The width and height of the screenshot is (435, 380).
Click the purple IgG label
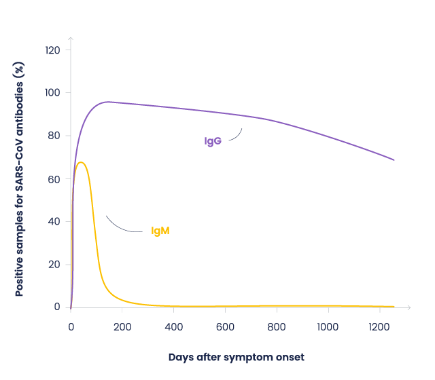[213, 141]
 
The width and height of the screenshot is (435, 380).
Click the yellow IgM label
[160, 231]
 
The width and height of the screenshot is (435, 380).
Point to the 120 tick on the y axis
[53, 50]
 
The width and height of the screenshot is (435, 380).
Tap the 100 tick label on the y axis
[53, 93]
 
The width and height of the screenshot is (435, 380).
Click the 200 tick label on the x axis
[122, 327]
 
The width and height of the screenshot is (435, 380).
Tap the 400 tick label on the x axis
[173, 327]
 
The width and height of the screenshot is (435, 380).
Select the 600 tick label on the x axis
[225, 327]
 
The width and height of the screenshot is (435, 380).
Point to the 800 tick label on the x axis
[277, 327]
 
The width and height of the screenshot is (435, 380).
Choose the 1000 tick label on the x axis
[328, 327]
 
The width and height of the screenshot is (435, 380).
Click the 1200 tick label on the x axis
[379, 327]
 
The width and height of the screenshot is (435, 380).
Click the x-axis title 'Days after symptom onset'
[236, 357]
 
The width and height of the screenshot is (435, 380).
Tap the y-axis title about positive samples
[20, 178]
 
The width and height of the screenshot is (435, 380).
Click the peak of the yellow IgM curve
[81, 162]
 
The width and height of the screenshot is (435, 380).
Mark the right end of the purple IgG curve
[394, 160]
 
